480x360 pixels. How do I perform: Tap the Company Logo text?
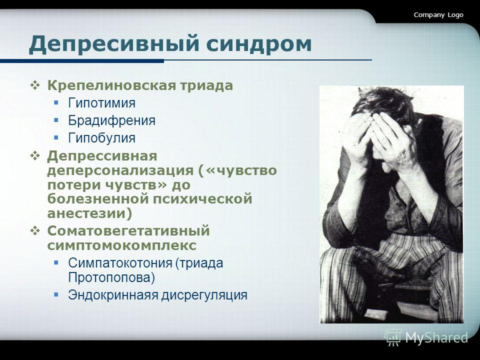(438, 15)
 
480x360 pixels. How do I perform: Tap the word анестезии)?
(90, 213)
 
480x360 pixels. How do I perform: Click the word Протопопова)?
(111, 276)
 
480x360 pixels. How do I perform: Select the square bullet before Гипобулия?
(57, 137)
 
